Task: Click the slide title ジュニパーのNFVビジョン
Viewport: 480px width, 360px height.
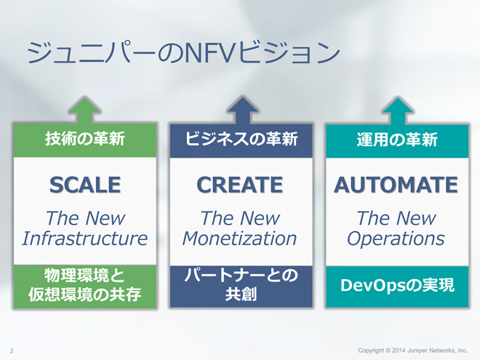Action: [183, 52]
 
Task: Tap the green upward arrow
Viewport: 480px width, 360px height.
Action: [85, 111]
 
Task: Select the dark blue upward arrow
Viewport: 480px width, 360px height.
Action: [242, 111]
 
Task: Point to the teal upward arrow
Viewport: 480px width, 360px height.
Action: [398, 111]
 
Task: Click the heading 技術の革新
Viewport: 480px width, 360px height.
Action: [85, 139]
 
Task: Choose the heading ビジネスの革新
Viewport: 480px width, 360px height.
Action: [241, 139]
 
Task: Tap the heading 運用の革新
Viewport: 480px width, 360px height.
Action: [397, 140]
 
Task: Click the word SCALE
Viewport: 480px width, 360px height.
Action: [85, 185]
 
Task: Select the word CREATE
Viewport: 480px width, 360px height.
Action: [240, 185]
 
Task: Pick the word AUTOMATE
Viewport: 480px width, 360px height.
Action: [396, 185]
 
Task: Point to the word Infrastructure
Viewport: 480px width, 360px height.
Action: [85, 238]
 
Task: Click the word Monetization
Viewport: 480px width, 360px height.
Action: [240, 238]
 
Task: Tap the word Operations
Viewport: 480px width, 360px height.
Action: [396, 239]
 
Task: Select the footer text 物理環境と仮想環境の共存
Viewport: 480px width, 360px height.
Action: [85, 285]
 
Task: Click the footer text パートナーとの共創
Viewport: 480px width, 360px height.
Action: [241, 284]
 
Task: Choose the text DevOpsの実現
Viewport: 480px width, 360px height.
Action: [397, 285]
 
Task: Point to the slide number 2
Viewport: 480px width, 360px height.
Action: [12, 351]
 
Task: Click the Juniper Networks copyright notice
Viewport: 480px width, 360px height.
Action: [412, 351]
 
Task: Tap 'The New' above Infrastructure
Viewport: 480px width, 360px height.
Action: [85, 218]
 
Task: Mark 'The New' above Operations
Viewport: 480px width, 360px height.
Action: [396, 218]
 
